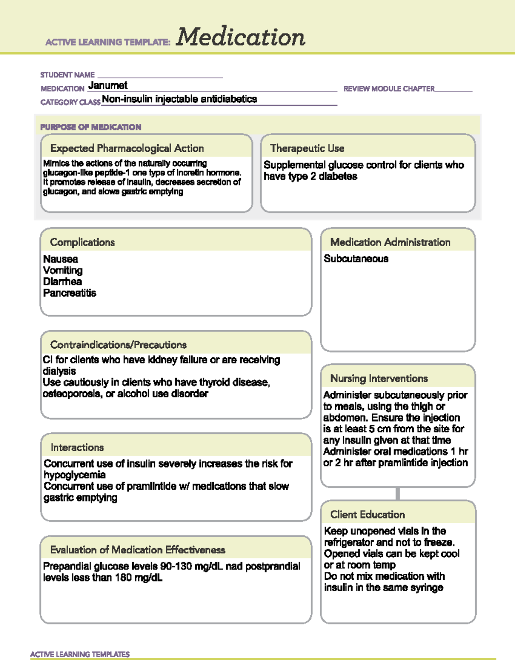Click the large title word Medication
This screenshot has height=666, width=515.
[240, 37]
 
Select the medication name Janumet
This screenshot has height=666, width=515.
[108, 86]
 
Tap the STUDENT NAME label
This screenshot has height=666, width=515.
[67, 75]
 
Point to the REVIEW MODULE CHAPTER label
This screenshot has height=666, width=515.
[389, 89]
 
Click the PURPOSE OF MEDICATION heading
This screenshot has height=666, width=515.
[91, 127]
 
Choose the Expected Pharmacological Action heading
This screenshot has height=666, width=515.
[127, 148]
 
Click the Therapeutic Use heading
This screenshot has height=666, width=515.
[307, 148]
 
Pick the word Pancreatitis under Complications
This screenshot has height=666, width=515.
[70, 293]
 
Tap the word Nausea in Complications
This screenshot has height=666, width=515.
[61, 259]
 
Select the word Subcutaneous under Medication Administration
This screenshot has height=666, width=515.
[356, 259]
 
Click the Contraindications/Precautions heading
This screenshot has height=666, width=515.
[118, 345]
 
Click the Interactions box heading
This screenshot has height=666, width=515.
[77, 447]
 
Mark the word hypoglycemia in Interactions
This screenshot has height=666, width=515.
[75, 475]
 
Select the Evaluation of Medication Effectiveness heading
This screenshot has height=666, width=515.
[138, 550]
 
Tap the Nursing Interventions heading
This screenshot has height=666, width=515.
[379, 378]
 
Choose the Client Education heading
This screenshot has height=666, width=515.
[367, 515]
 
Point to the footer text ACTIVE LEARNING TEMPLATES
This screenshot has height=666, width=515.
[80, 654]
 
